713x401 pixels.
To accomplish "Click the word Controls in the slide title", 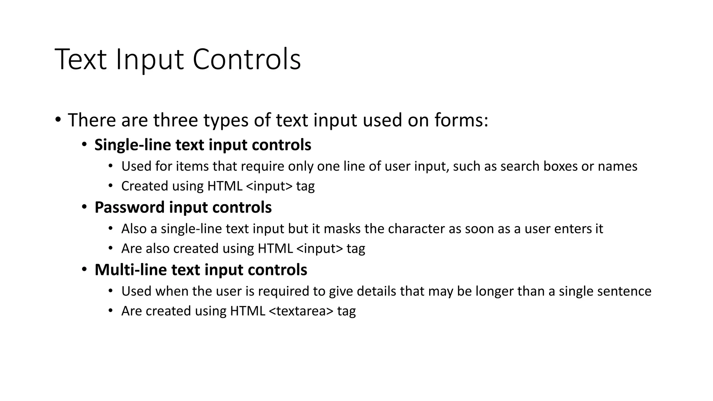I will [x=246, y=60].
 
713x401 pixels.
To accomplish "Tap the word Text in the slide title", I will [x=80, y=60].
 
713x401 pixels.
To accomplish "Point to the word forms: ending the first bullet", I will [x=461, y=120].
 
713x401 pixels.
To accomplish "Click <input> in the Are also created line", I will [x=320, y=249].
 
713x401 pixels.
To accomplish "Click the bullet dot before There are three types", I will [x=58, y=120].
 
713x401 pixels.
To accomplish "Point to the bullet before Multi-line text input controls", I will [x=85, y=270].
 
